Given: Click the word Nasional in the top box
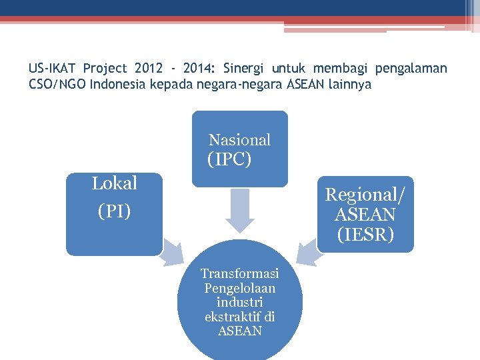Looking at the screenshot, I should pyautogui.click(x=239, y=140).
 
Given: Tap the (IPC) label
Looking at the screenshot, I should pyautogui.click(x=229, y=160).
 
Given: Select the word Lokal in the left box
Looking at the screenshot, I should pyautogui.click(x=114, y=183).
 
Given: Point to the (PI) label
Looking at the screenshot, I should pyautogui.click(x=114, y=211).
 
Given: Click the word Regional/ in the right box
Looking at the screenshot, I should pyautogui.click(x=365, y=195).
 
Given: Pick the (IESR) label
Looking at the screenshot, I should pyautogui.click(x=365, y=235).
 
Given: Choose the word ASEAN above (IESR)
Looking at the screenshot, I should pyautogui.click(x=365, y=215).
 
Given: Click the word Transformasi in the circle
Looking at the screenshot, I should pyautogui.click(x=239, y=274).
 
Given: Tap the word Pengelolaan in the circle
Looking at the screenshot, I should pyautogui.click(x=239, y=288).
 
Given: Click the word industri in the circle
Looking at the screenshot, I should pyautogui.click(x=239, y=303).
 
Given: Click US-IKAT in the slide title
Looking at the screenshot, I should pyautogui.click(x=53, y=69).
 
